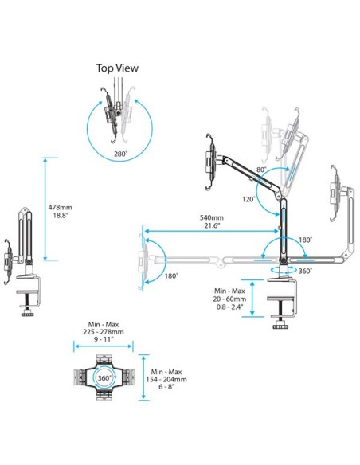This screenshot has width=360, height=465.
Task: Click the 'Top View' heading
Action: click(117, 68)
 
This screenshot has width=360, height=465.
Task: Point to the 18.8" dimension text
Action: click(71, 215)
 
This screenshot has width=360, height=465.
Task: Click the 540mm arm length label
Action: click(211, 218)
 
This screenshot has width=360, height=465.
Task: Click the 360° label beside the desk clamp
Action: click(305, 272)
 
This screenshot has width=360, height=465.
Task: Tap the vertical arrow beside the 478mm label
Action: click(46, 209)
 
